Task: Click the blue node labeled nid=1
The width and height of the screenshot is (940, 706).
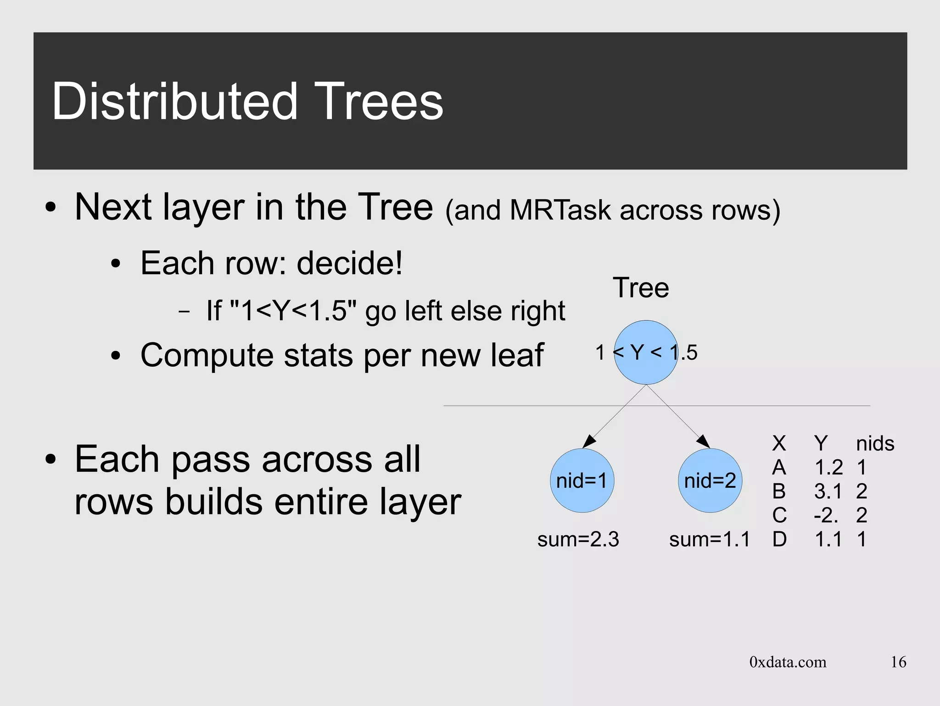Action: point(582,480)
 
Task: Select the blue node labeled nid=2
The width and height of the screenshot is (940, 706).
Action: point(710,480)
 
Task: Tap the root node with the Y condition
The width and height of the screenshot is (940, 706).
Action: point(646,352)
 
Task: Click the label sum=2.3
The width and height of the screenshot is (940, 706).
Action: point(578,539)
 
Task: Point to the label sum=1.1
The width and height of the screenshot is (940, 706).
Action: point(709,539)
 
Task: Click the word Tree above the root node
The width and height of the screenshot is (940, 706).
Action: point(641,288)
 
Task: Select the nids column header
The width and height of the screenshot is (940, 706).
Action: point(875,444)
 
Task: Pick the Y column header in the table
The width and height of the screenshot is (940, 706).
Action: point(821,444)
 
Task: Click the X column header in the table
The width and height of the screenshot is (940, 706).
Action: point(779,444)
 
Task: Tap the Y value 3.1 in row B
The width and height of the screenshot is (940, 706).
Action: point(828,491)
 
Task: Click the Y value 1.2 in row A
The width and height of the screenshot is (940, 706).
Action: point(828,468)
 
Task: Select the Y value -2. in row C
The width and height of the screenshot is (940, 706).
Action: point(826,515)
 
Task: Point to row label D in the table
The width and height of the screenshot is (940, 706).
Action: point(779,539)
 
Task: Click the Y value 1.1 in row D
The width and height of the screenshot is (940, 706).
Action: point(828,539)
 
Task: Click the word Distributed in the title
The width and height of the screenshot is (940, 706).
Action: point(175,102)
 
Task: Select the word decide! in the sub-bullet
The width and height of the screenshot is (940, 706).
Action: point(350,263)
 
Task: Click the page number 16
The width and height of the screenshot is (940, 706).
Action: point(898,662)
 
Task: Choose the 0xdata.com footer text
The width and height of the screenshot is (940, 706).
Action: point(788,662)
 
